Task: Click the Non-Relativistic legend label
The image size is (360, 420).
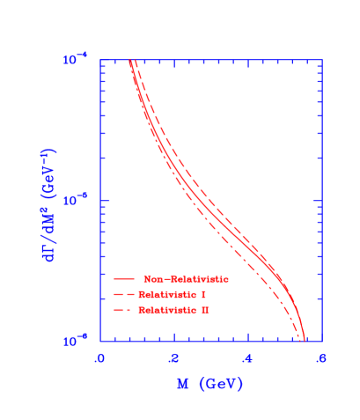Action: click(x=186, y=279)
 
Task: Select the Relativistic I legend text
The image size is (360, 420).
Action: click(x=173, y=294)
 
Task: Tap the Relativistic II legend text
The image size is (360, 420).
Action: click(x=174, y=311)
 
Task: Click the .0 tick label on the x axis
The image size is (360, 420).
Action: click(x=99, y=358)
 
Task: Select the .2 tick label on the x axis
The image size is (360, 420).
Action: click(x=173, y=358)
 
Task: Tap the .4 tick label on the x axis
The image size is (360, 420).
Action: click(x=247, y=358)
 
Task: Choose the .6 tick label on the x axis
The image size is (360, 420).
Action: click(x=320, y=358)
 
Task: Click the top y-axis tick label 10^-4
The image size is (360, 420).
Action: click(x=76, y=60)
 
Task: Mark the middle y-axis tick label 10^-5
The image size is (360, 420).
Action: click(x=76, y=201)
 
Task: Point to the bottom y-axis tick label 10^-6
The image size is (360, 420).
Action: click(x=76, y=341)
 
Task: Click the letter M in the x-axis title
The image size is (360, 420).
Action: click(x=182, y=385)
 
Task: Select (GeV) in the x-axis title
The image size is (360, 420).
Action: click(x=220, y=385)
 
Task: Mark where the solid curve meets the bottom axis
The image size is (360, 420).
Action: click(x=304, y=340)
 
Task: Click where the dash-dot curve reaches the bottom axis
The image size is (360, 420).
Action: click(x=297, y=340)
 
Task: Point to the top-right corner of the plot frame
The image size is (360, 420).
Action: click(x=321, y=60)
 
